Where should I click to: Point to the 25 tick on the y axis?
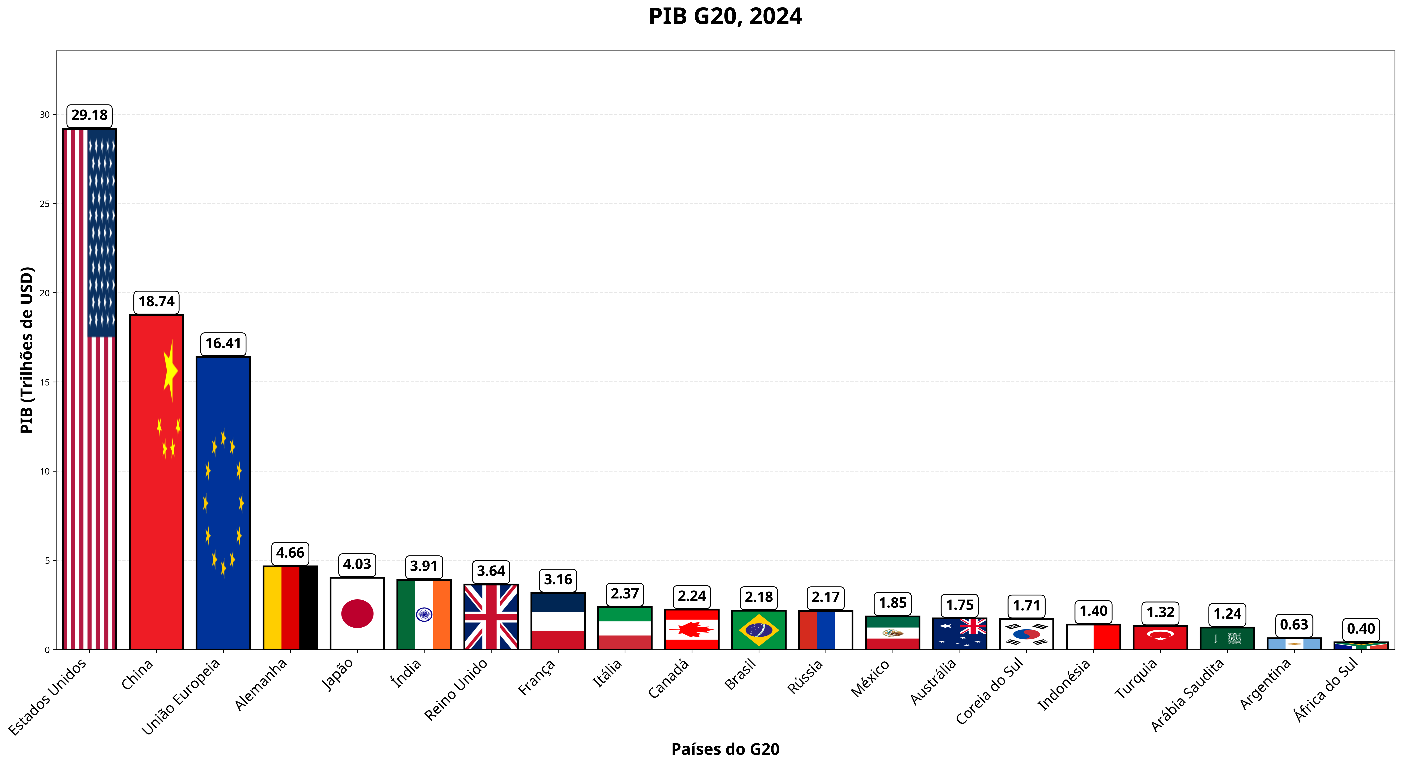tap(45, 204)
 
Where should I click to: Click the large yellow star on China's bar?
tap(170, 371)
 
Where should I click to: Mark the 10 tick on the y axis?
tap(45, 471)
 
